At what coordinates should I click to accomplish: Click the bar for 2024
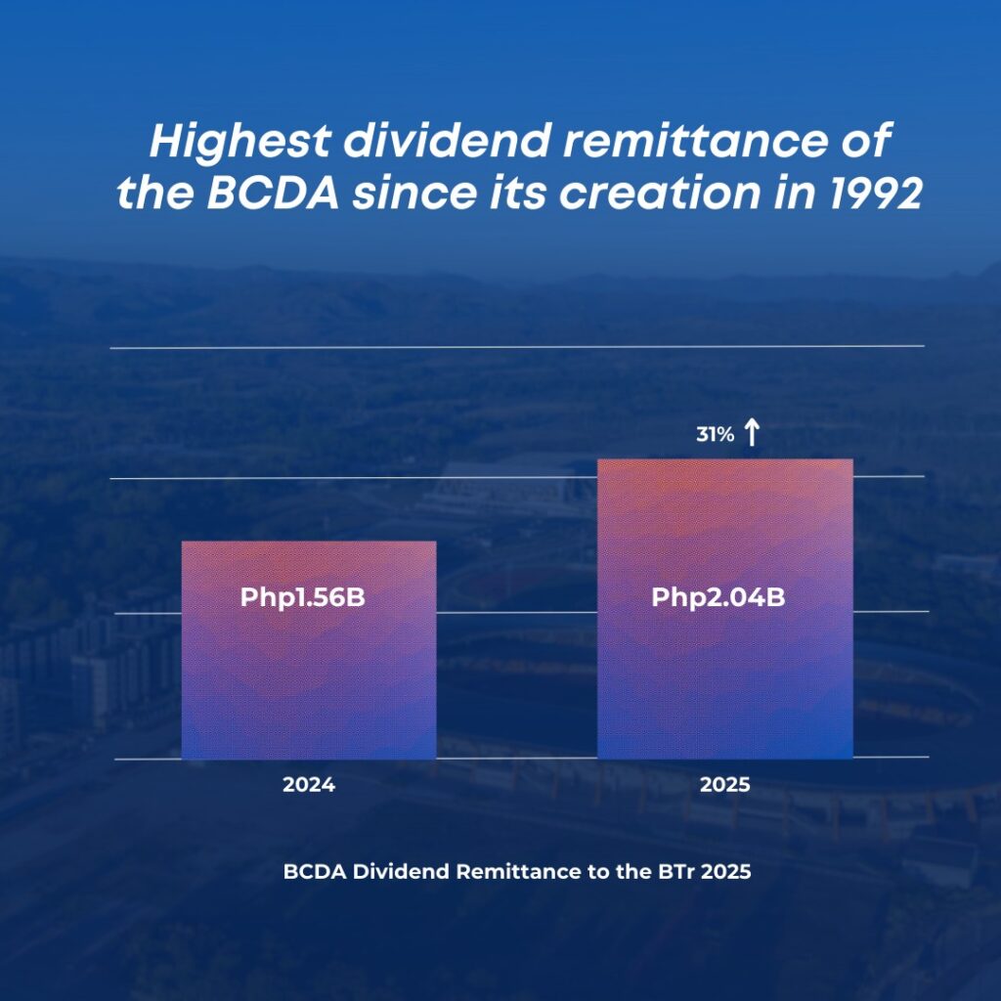click(x=309, y=650)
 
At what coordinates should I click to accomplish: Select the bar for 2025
click(x=725, y=608)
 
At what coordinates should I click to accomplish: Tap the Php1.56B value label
click(x=303, y=597)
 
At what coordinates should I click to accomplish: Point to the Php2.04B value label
click(x=718, y=597)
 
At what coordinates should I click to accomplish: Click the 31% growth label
click(x=715, y=435)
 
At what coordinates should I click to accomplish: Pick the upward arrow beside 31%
click(x=752, y=432)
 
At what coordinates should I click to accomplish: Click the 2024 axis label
click(x=309, y=785)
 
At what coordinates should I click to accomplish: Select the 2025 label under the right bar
click(x=724, y=785)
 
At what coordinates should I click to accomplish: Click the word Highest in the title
click(x=240, y=143)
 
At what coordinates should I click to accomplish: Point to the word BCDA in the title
click(x=274, y=193)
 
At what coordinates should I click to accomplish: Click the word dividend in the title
click(x=447, y=141)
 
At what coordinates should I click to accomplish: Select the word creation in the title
click(x=660, y=193)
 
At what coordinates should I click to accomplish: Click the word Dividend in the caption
click(x=400, y=871)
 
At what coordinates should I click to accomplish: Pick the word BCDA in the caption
click(x=315, y=871)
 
